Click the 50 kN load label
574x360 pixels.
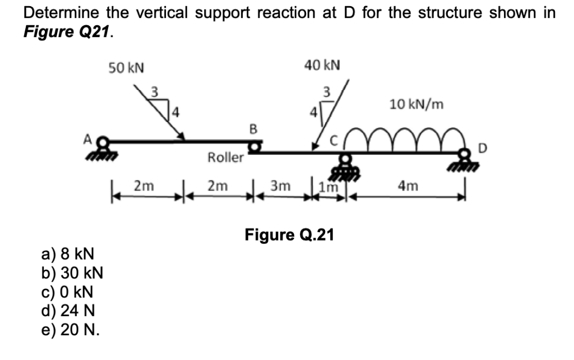(126, 68)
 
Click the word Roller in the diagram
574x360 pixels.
(225, 158)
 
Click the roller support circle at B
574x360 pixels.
(255, 147)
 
